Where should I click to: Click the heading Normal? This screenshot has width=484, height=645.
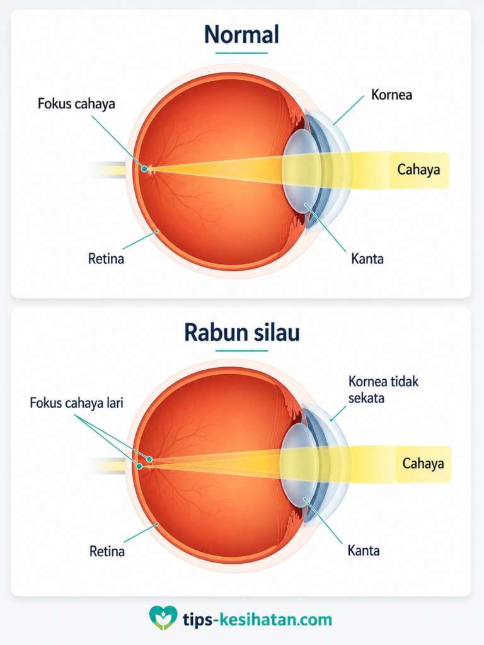coord(241,34)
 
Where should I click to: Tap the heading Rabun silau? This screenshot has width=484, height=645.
coord(241,333)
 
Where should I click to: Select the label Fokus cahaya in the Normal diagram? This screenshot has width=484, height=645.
coord(76,103)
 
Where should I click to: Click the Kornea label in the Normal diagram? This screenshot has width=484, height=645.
coord(391,94)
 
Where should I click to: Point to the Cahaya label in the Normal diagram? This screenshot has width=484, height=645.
coord(418,169)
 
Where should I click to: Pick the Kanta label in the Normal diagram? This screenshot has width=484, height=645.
coord(367,259)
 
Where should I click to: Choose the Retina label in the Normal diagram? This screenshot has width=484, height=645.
coord(106,259)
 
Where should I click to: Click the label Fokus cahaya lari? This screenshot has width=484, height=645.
coord(76,402)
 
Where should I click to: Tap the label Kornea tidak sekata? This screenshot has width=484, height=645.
coord(383,389)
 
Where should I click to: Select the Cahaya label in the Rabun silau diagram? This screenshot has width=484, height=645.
coord(423,464)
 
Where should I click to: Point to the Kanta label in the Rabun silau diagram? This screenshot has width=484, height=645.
coord(364,551)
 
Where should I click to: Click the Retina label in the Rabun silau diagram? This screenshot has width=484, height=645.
coord(107,551)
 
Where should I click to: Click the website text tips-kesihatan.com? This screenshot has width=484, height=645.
coord(257,619)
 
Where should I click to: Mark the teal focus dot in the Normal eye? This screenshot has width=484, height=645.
coord(144,168)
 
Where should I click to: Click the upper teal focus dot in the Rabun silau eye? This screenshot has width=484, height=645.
coord(150,459)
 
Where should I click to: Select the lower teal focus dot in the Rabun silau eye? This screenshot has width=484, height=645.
coord(139,467)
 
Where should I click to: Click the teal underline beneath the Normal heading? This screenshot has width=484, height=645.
coord(241,53)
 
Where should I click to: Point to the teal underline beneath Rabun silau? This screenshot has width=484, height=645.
coord(241,351)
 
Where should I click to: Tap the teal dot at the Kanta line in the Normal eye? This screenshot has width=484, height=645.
coord(306,205)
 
